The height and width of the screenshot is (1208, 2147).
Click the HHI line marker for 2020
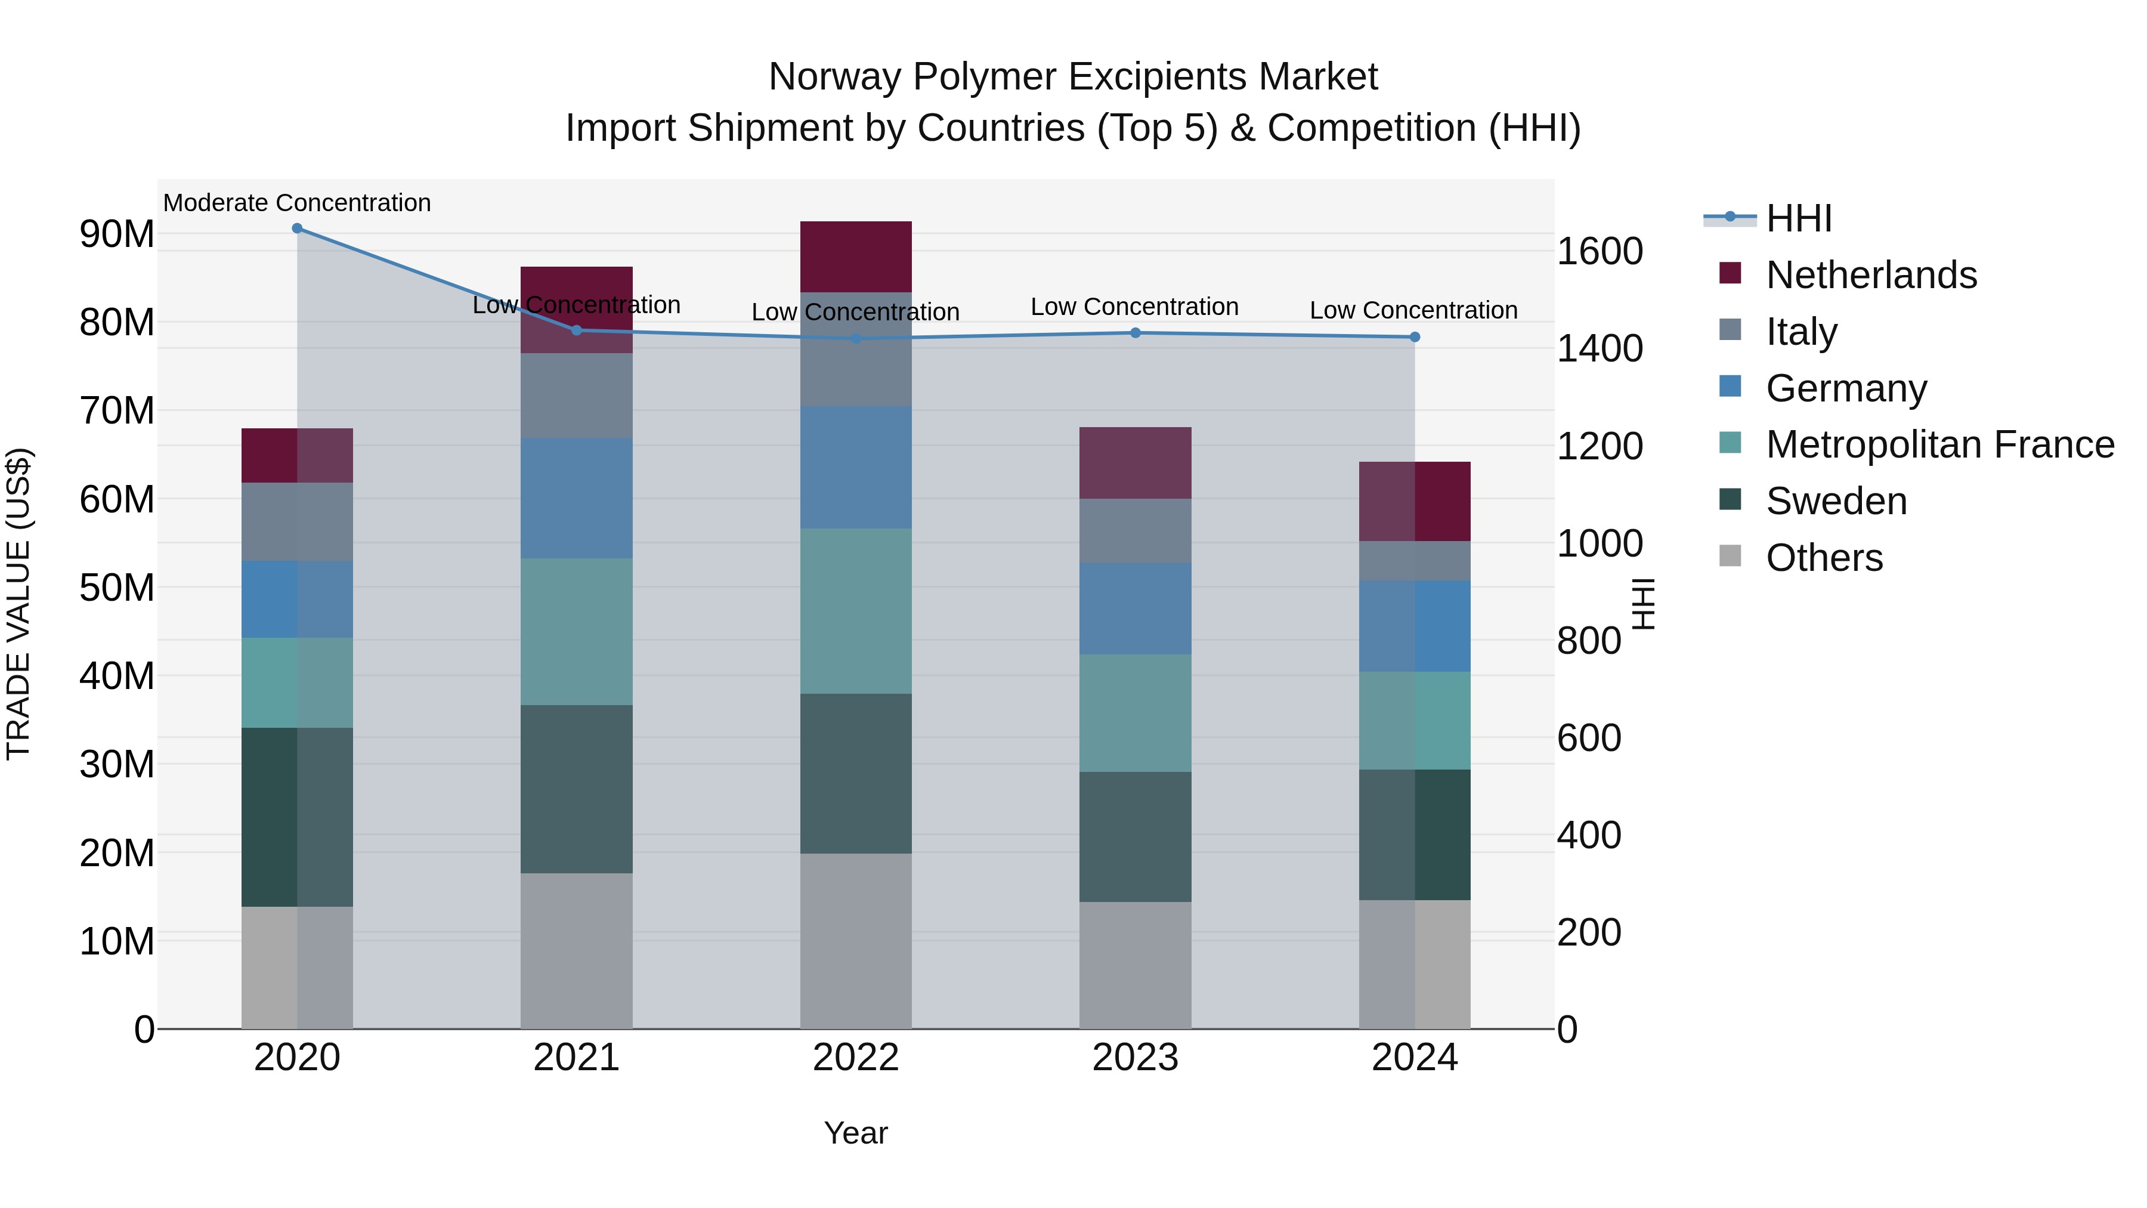click(x=297, y=228)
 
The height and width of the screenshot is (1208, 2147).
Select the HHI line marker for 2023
click(x=1135, y=333)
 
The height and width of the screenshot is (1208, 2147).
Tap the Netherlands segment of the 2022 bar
click(x=856, y=257)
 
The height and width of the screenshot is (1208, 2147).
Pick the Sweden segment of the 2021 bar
click(x=577, y=789)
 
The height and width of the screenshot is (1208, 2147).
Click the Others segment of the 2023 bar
click(x=1135, y=965)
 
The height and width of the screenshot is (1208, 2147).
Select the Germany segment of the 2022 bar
click(x=856, y=467)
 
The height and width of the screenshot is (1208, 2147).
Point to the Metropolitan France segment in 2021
click(x=577, y=631)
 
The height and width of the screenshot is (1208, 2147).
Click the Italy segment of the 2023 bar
click(x=1135, y=530)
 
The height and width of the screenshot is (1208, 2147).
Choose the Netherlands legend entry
click(x=1870, y=275)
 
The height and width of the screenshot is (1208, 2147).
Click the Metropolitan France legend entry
click(x=1939, y=444)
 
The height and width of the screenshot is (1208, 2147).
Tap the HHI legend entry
click(x=1799, y=218)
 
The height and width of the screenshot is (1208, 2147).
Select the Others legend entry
click(x=1824, y=558)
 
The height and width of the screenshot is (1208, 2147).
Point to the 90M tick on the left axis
click(x=117, y=234)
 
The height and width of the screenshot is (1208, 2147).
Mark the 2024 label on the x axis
click(x=1415, y=1058)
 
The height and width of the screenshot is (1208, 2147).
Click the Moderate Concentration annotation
click(x=297, y=203)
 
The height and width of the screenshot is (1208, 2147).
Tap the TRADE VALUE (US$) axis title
click(x=18, y=604)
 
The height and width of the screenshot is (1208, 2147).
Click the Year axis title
click(x=855, y=1133)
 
